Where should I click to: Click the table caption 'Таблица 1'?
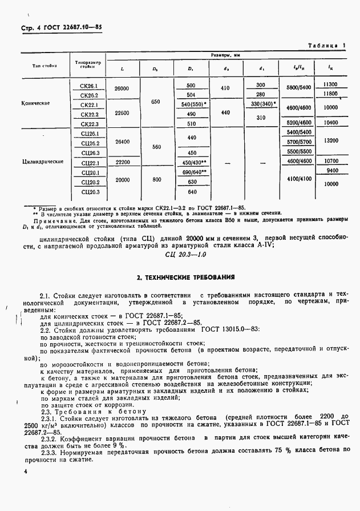[x=328, y=45]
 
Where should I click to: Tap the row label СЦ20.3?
[x=90, y=192]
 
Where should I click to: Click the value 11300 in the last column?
[x=331, y=85]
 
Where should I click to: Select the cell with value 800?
[x=155, y=182]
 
